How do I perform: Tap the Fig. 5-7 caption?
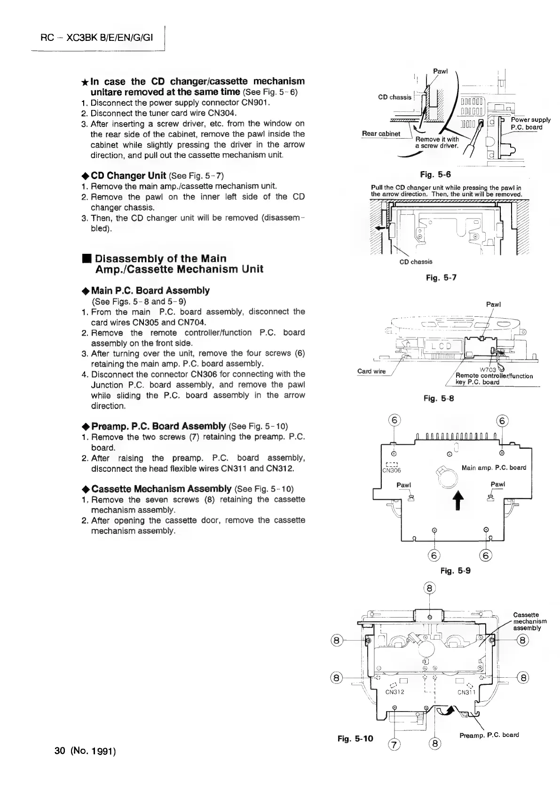tap(441, 278)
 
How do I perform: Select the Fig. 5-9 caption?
tap(455, 571)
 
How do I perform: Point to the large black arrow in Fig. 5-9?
tap(455, 501)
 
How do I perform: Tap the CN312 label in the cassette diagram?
tap(395, 692)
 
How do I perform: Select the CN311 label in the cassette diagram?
tap(467, 692)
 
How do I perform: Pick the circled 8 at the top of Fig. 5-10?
tap(430, 588)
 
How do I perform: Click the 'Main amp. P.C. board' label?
tap(494, 468)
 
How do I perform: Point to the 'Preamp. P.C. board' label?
tap(489, 735)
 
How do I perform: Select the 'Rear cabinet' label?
tap(381, 133)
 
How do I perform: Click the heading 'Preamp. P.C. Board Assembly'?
tap(158, 426)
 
